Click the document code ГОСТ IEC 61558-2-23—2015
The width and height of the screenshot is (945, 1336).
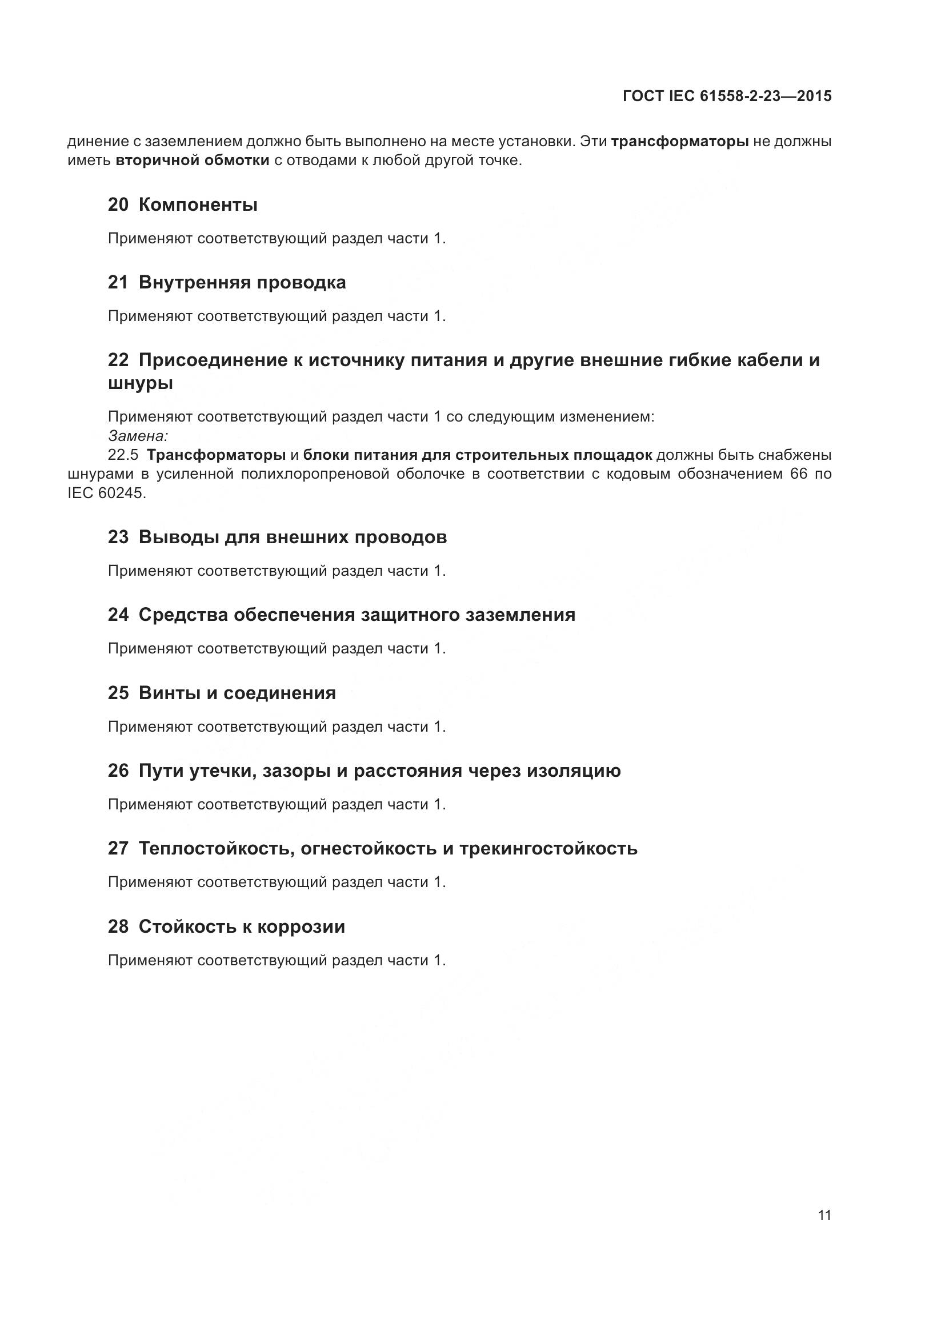pyautogui.click(x=727, y=97)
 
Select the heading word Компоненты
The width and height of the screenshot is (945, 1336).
pyautogui.click(x=198, y=205)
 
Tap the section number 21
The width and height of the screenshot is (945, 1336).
pyautogui.click(x=118, y=283)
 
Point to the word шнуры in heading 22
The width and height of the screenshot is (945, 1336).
pyautogui.click(x=140, y=383)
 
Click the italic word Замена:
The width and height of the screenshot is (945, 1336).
pyautogui.click(x=138, y=435)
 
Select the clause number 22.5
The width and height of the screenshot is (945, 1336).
pyautogui.click(x=123, y=455)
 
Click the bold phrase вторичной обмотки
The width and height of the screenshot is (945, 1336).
pyautogui.click(x=193, y=161)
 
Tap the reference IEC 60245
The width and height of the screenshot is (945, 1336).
pyautogui.click(x=106, y=494)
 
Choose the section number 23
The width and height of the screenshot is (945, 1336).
pyautogui.click(x=118, y=537)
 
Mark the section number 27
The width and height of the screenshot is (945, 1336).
pyautogui.click(x=118, y=849)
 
